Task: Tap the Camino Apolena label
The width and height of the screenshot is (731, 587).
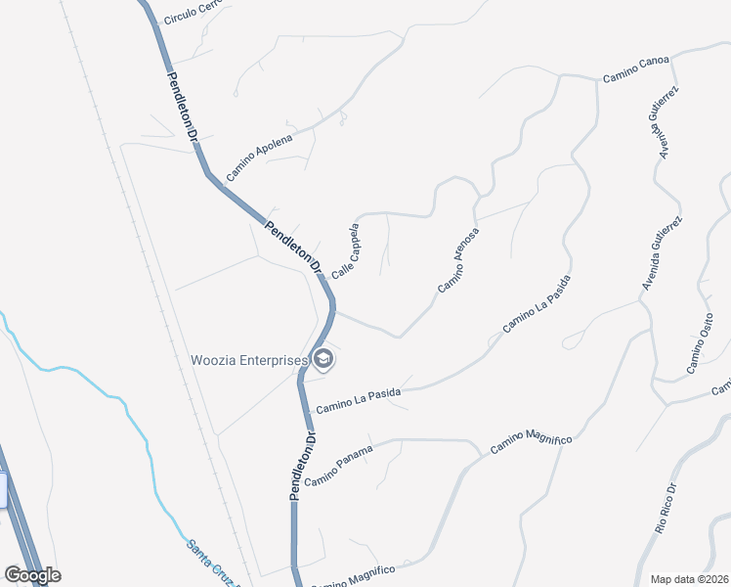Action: click(x=259, y=158)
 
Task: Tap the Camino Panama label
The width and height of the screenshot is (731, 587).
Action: click(x=339, y=467)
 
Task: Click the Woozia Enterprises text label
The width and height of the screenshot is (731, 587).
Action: click(x=249, y=360)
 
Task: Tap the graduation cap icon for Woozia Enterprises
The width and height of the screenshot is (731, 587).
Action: click(x=324, y=361)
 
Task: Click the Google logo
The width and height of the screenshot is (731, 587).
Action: click(x=32, y=575)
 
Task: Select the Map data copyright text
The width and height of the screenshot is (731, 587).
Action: click(x=689, y=578)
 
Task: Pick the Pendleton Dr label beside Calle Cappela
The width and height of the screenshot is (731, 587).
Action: click(x=293, y=247)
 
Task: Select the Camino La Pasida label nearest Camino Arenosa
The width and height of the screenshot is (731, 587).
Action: click(x=536, y=304)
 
